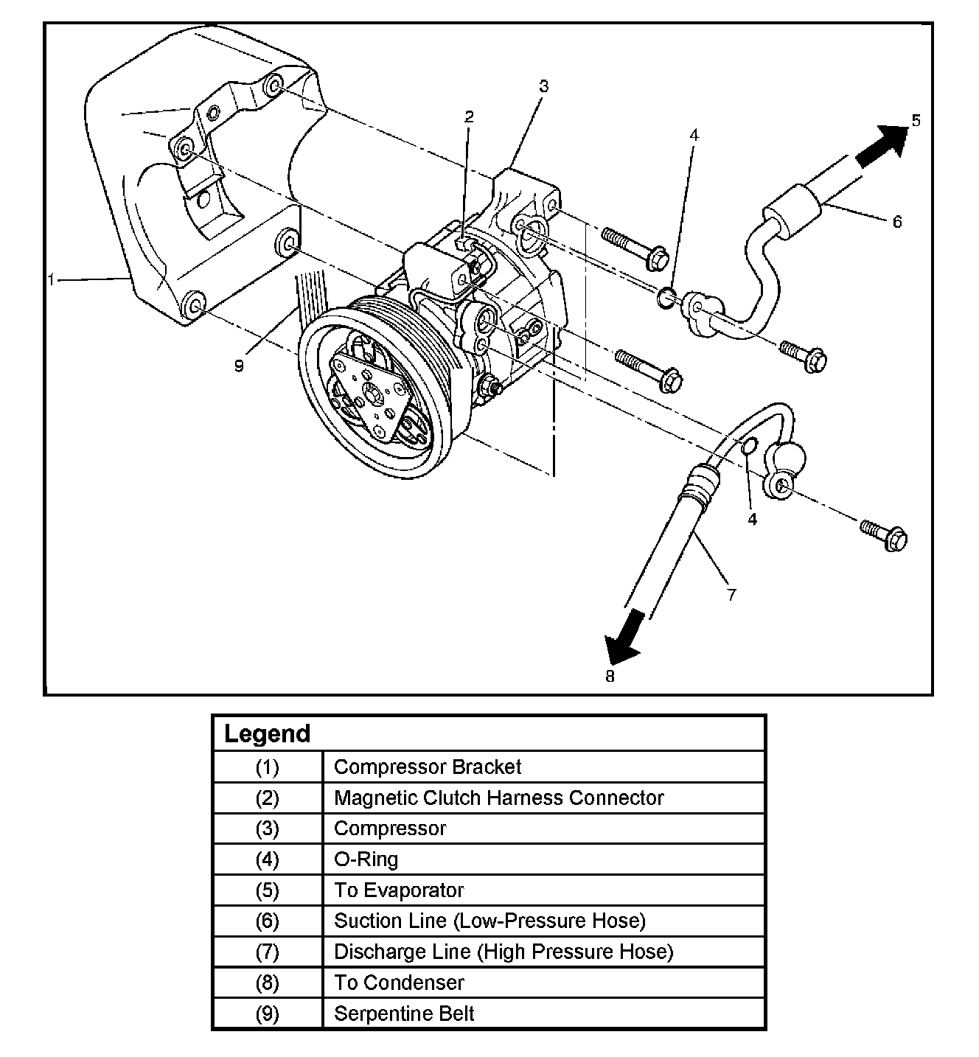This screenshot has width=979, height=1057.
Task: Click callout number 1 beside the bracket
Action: (x=51, y=279)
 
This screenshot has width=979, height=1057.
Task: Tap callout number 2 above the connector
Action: (x=469, y=116)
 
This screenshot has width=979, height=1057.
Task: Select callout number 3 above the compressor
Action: (x=543, y=86)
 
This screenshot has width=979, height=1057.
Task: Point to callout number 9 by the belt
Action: (x=239, y=366)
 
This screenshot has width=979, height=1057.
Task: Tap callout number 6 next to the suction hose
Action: (x=897, y=221)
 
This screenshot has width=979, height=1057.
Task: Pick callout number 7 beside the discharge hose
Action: (x=731, y=594)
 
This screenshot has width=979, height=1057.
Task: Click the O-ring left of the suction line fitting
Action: (x=666, y=298)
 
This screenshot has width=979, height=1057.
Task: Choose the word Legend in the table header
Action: (x=267, y=734)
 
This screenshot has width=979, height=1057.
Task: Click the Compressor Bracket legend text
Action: (x=428, y=767)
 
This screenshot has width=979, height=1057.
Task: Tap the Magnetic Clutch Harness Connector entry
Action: (x=498, y=798)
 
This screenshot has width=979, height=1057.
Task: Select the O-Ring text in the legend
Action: (x=366, y=859)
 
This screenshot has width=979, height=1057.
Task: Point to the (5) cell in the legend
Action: (x=267, y=890)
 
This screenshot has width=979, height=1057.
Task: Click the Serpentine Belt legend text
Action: (x=404, y=1014)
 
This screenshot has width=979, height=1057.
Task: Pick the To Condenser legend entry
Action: (x=399, y=983)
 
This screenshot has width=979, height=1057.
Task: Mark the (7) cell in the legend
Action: (x=267, y=952)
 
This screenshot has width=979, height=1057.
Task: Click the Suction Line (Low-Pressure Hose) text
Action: (x=489, y=921)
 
